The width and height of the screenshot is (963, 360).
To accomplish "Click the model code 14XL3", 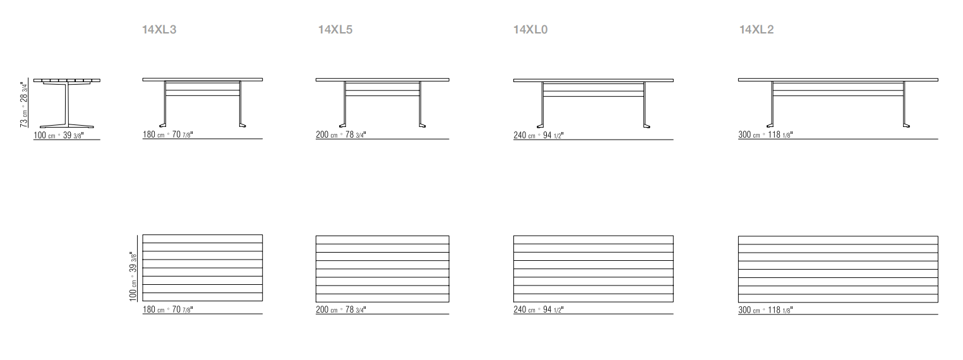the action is click(x=159, y=30).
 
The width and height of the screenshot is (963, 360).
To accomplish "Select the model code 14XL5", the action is click(x=335, y=30).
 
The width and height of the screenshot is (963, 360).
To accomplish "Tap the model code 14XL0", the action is click(x=530, y=30).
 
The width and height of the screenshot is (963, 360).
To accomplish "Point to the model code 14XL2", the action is click(x=757, y=30).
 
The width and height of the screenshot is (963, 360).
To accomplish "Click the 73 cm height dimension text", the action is click(x=24, y=104).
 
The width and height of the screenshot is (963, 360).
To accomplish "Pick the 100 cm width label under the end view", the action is click(x=59, y=135).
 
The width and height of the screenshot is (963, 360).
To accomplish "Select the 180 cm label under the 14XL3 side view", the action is click(x=168, y=135).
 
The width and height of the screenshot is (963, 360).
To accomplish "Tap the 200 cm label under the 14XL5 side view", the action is click(x=341, y=135).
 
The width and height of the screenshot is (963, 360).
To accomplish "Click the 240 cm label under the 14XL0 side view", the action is click(x=538, y=136).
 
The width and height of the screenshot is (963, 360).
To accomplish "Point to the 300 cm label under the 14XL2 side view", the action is click(x=765, y=135).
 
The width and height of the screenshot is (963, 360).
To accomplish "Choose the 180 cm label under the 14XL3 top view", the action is click(x=168, y=309).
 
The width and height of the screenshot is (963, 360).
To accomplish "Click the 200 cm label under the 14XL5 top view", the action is click(x=341, y=309).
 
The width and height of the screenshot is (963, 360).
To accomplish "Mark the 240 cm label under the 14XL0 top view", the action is click(x=538, y=309).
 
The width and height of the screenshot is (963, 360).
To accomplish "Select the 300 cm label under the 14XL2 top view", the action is click(x=765, y=310).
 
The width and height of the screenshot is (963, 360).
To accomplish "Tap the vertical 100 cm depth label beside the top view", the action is click(x=133, y=277).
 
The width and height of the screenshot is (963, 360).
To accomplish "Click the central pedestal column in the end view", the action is click(x=67, y=103).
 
